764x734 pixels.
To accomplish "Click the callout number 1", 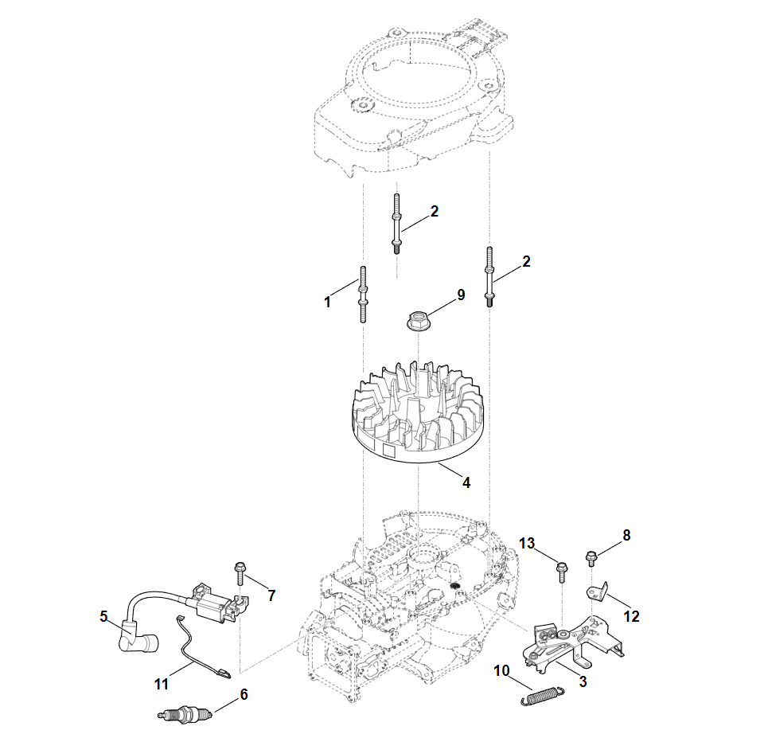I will pyautogui.click(x=327, y=303).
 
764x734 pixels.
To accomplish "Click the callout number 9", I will pyautogui.click(x=460, y=295).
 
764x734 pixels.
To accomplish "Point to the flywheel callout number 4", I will pyautogui.click(x=466, y=482).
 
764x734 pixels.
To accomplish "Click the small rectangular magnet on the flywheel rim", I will pyautogui.click(x=390, y=451).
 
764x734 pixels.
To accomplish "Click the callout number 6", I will pyautogui.click(x=244, y=694).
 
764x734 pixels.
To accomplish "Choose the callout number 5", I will pyautogui.click(x=103, y=616).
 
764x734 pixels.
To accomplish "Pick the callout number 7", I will pyautogui.click(x=271, y=595).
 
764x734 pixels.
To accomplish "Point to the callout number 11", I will pyautogui.click(x=162, y=683).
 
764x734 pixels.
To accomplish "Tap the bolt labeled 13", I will pyautogui.click(x=562, y=569).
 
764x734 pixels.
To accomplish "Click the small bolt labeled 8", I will pyautogui.click(x=591, y=557).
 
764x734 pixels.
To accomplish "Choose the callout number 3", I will pyautogui.click(x=583, y=681).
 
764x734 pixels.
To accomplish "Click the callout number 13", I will pyautogui.click(x=527, y=543).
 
